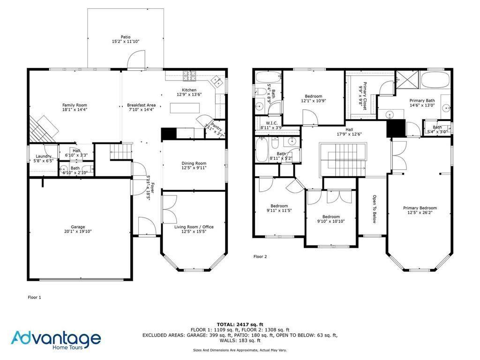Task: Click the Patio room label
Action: coord(125,37)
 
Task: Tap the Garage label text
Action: coord(75,227)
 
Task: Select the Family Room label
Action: coord(75,105)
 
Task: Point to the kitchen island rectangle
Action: coord(184,108)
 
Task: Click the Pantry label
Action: coord(216,125)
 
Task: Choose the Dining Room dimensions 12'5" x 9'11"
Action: coord(194,168)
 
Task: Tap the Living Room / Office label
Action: coord(194,227)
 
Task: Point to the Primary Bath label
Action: coord(422,100)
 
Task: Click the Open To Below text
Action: coord(375,210)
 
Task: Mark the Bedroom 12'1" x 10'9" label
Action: coord(313,96)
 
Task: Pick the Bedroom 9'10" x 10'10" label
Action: coord(331,217)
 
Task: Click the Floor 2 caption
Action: coord(260,256)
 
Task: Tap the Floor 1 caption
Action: coord(35,297)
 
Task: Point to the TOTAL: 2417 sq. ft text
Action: coord(240,324)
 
